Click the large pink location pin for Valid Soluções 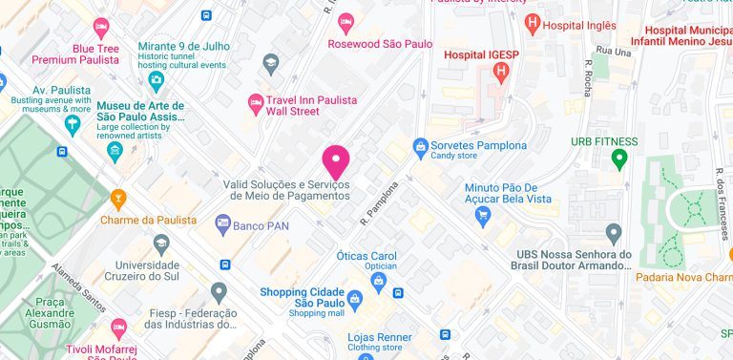click(336, 160)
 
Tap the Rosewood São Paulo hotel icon click(346, 20)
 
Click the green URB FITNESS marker click(619, 159)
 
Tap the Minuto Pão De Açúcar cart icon click(483, 217)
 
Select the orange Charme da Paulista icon click(118, 199)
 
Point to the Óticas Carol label click(366, 256)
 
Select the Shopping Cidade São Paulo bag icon click(355, 298)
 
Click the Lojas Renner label click(379, 337)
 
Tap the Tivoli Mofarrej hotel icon click(118, 328)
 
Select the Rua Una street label click(613, 50)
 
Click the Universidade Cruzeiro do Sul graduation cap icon click(161, 243)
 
